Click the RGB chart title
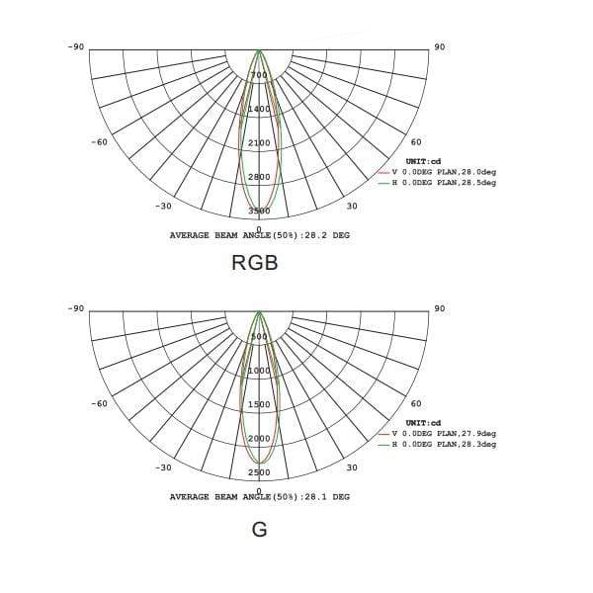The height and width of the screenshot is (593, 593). [255, 263]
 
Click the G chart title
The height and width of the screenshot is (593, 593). [259, 530]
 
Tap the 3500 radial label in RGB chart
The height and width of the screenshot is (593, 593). [259, 211]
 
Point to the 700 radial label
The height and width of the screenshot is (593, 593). [259, 75]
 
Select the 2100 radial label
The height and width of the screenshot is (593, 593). [259, 143]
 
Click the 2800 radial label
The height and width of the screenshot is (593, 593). [259, 177]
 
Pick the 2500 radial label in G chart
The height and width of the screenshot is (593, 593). [259, 472]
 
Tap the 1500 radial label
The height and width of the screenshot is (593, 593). [259, 404]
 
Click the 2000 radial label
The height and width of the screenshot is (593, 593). [259, 438]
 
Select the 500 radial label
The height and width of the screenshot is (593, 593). [259, 337]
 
